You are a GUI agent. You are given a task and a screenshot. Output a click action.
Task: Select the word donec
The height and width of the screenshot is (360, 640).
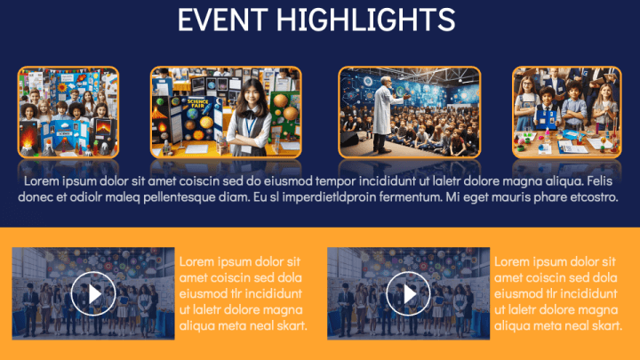coord(37,196)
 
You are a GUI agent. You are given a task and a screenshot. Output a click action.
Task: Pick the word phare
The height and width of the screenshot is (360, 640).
coord(548,196)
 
